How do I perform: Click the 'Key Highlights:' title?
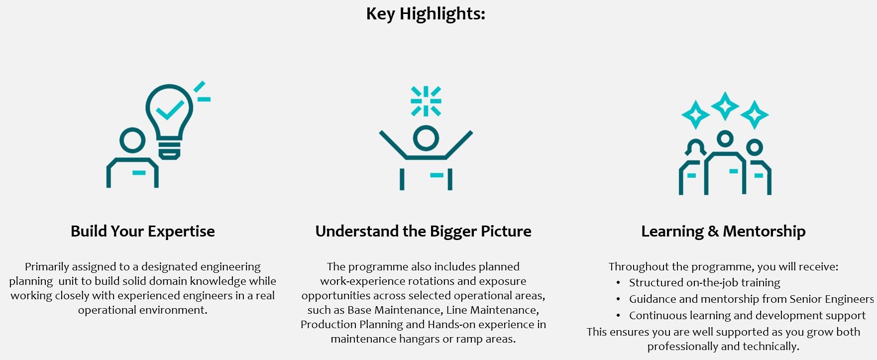[x=426, y=14]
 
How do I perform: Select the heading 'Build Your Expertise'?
[x=143, y=232]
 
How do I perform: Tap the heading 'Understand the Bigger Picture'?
[x=424, y=232]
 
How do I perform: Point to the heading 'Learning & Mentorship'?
[x=723, y=232]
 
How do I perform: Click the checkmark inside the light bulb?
[x=170, y=110]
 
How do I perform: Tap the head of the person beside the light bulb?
[x=133, y=140]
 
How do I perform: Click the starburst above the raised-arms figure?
[x=426, y=101]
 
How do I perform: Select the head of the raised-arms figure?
[x=426, y=138]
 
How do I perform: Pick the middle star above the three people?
[x=725, y=106]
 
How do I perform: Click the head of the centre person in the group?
[x=725, y=139]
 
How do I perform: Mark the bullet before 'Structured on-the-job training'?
[x=618, y=283]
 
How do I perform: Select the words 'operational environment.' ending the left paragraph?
[x=143, y=310]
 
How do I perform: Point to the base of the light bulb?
[x=170, y=150]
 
